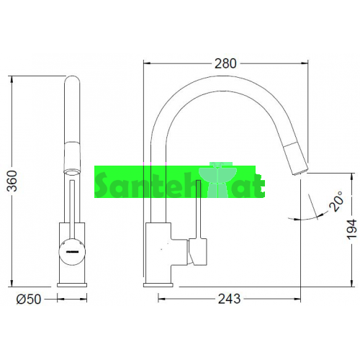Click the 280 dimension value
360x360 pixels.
pyautogui.click(x=225, y=63)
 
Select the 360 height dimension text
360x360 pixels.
pyautogui.click(x=12, y=181)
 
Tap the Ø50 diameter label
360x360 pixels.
pyautogui.click(x=29, y=300)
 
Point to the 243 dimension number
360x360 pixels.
pyautogui.click(x=229, y=299)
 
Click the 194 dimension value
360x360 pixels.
pyautogui.click(x=352, y=229)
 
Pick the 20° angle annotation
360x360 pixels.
pyautogui.click(x=336, y=201)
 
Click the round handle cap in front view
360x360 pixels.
pyautogui.click(x=72, y=252)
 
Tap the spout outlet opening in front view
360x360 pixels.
pyautogui.click(x=72, y=172)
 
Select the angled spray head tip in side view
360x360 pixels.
pyautogui.click(x=296, y=159)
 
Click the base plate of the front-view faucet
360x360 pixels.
pyautogui.click(x=72, y=285)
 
